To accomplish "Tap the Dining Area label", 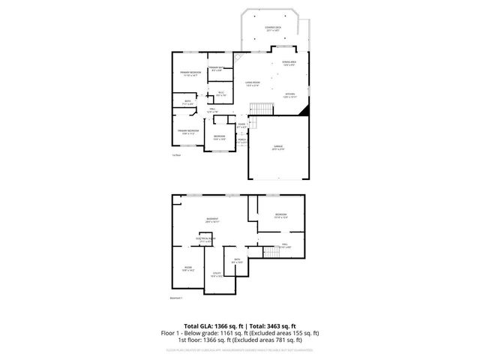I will pyautogui.click(x=289, y=63).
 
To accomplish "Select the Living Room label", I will pyautogui.click(x=253, y=83).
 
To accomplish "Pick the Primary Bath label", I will pyautogui.click(x=214, y=69).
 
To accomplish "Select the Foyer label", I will pyautogui.click(x=241, y=125).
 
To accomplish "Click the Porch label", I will pyautogui.click(x=241, y=139).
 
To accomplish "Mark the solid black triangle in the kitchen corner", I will pyautogui.click(x=303, y=111).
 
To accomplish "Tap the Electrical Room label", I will pyautogui.click(x=205, y=239).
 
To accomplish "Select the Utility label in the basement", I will pyautogui.click(x=217, y=274).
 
